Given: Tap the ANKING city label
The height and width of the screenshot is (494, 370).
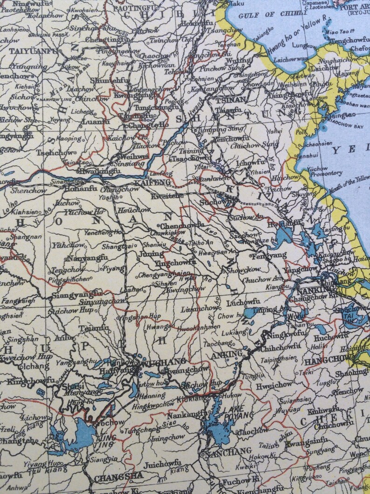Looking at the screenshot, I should coord(227,355).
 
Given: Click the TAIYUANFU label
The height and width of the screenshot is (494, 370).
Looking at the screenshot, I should coord(31,51).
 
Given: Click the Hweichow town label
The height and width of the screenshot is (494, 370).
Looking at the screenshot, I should coord(274,385).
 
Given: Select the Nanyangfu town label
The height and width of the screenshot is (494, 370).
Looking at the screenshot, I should coord(87,257).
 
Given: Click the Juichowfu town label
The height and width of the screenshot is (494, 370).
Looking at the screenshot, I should coord(162,463).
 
